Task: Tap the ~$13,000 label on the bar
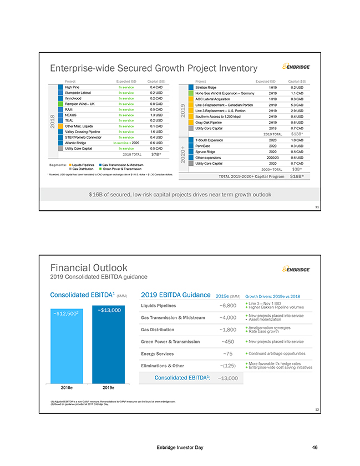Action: tap(109, 310)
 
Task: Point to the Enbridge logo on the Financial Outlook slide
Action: tap(295, 270)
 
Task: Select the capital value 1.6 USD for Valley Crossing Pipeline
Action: tap(156, 131)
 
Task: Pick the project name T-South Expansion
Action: tap(211, 140)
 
